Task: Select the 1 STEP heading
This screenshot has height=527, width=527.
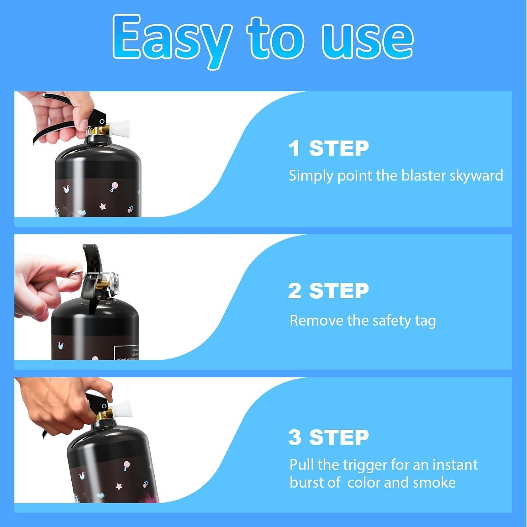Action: click(x=328, y=148)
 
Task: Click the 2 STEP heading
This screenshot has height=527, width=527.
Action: click(x=328, y=291)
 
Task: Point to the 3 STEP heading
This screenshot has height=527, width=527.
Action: click(x=328, y=437)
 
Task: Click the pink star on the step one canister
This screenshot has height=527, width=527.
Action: click(x=103, y=206)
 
